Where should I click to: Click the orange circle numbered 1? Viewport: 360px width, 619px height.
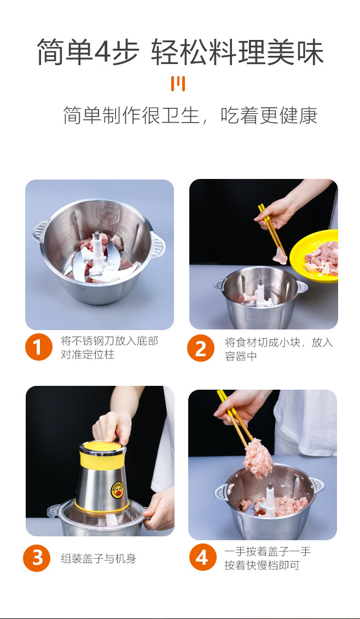38,348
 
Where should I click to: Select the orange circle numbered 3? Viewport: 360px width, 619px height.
37,558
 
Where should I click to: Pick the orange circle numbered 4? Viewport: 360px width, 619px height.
202,558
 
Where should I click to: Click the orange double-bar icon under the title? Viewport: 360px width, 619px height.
178,84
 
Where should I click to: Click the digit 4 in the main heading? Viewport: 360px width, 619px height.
103,53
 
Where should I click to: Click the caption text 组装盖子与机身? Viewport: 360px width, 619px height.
98,559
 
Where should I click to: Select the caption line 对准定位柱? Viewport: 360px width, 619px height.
88,355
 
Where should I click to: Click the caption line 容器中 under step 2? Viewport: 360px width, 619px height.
241,357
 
